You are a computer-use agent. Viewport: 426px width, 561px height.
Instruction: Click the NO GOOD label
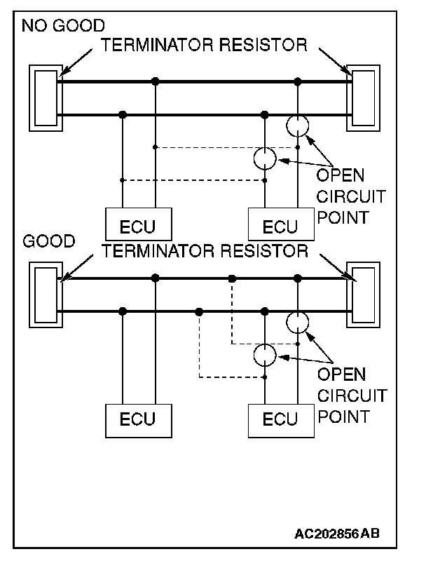[x=62, y=27]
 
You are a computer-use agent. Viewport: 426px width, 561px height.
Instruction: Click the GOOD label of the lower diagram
[x=48, y=242]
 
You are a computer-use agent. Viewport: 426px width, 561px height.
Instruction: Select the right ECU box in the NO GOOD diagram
[x=280, y=226]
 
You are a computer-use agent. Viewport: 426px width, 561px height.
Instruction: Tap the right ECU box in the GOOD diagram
[x=280, y=419]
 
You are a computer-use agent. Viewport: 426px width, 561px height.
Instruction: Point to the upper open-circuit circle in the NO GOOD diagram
[x=298, y=126]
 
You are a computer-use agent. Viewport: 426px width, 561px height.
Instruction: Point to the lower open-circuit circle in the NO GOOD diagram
[x=265, y=159]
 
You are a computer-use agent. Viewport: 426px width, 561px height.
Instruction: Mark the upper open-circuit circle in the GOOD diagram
[x=298, y=322]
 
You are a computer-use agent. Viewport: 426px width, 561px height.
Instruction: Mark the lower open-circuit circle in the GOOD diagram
[x=265, y=355]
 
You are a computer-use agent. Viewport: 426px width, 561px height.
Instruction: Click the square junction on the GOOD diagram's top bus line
[x=232, y=278]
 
